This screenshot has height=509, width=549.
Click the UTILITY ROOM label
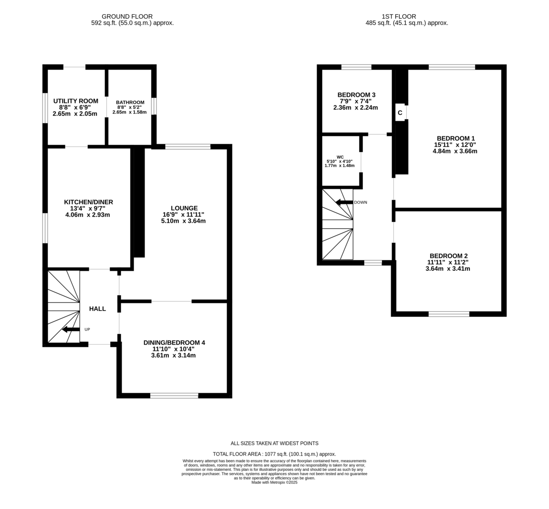75,101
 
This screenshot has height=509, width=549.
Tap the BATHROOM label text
130,103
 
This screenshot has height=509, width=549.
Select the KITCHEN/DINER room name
88,202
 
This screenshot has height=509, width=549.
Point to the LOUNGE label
184,208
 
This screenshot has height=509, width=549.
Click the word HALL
97,309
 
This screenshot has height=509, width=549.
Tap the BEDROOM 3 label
356,95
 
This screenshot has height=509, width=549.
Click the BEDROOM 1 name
456,138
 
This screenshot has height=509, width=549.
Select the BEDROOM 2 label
448,256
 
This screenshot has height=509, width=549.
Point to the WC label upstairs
340,157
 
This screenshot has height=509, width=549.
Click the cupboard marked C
400,113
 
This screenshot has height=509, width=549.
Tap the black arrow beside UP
70,329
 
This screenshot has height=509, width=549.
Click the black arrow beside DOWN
344,202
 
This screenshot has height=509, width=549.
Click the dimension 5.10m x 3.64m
184,221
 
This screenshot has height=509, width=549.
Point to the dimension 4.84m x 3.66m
456,151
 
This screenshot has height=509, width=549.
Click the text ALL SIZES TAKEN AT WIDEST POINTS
274,443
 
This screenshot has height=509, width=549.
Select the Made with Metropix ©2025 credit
274,482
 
